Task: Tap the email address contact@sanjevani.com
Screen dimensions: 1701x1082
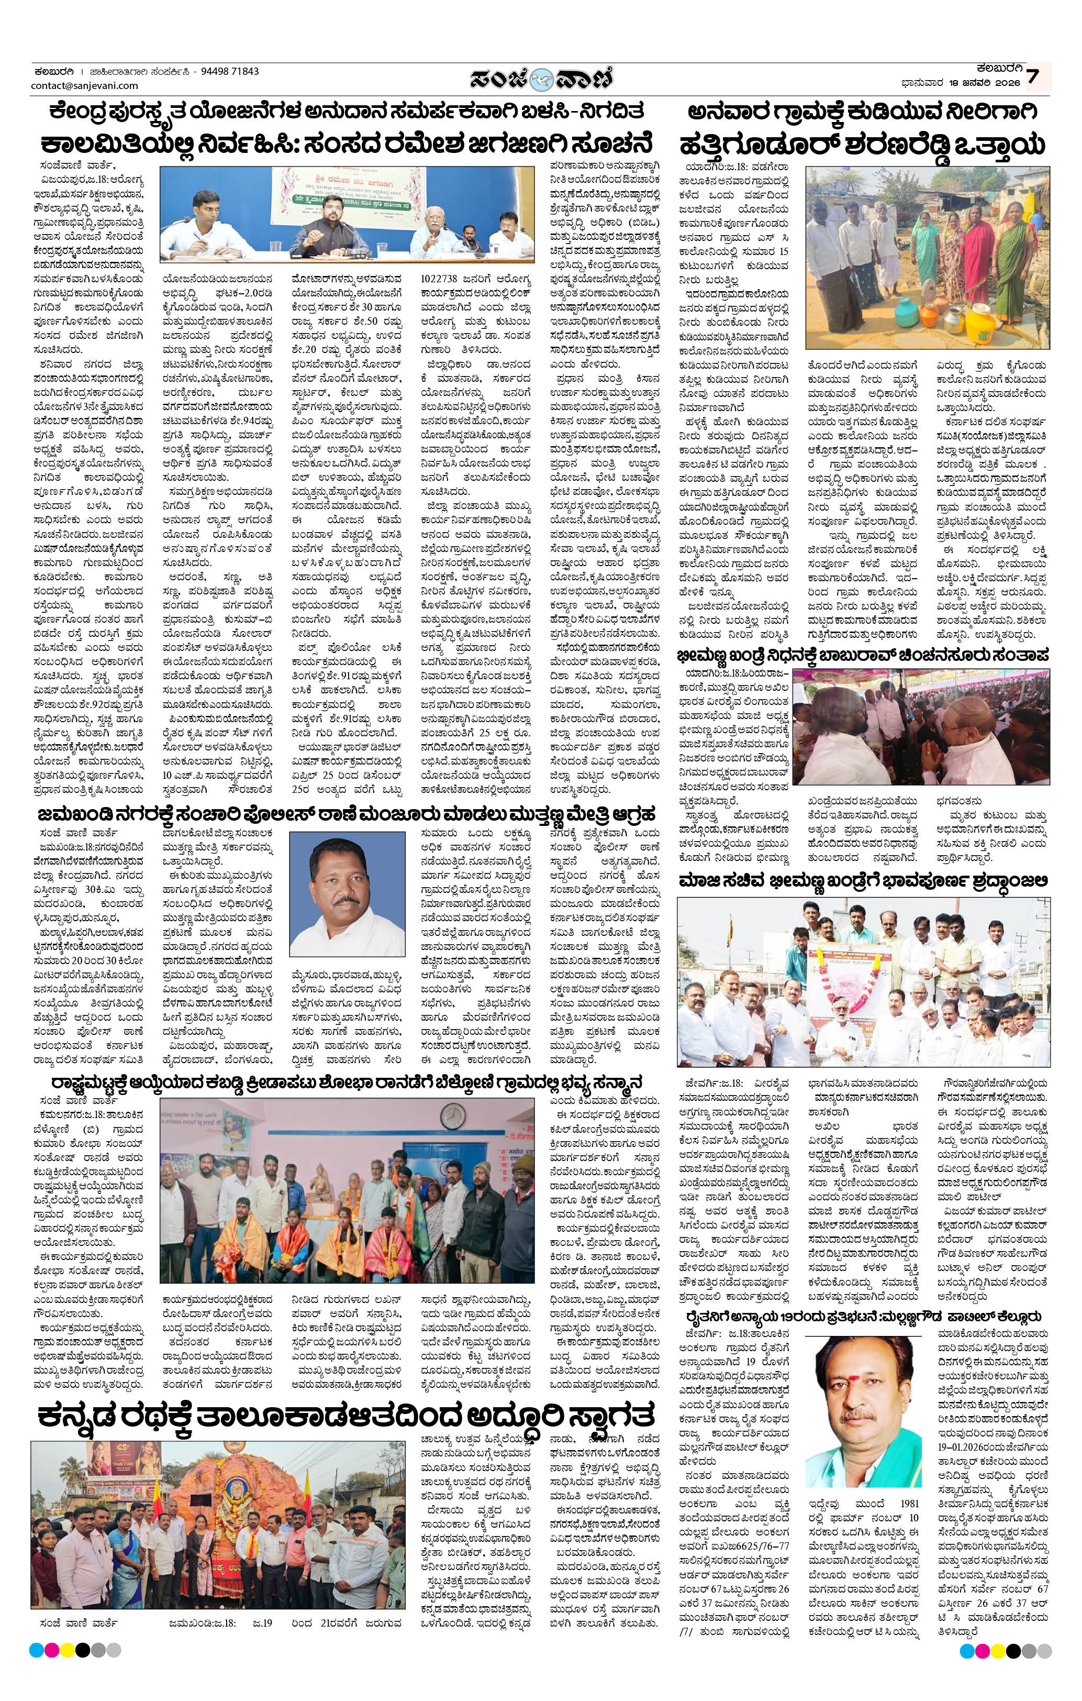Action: [85, 85]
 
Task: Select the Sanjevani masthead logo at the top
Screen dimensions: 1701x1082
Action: [542, 79]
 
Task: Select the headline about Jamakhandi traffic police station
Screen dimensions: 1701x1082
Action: [346, 812]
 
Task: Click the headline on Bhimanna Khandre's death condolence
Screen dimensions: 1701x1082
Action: [863, 655]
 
